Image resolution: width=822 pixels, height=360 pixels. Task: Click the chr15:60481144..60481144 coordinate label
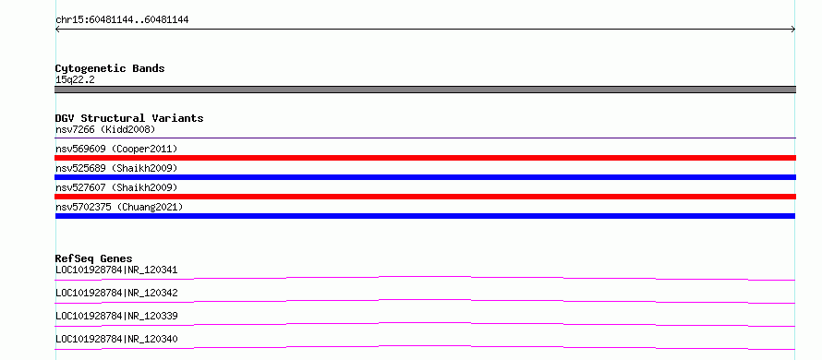click(x=122, y=20)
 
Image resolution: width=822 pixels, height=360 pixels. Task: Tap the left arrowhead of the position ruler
click(x=57, y=30)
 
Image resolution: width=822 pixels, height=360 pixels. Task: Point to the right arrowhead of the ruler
click(x=793, y=30)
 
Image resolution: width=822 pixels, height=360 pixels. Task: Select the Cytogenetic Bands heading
click(x=110, y=68)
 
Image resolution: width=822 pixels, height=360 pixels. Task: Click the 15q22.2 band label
click(x=75, y=80)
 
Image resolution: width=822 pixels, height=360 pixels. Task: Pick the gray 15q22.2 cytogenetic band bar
click(x=425, y=90)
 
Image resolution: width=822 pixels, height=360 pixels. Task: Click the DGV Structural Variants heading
click(x=129, y=118)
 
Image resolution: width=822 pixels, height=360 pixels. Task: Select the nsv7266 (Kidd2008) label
click(x=105, y=129)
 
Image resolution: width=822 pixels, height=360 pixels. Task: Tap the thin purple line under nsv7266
click(x=425, y=138)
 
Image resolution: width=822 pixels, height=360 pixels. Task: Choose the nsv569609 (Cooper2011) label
click(x=116, y=149)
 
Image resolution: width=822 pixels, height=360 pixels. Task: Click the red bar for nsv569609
click(x=425, y=158)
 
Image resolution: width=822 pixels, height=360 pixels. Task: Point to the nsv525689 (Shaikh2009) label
click(x=116, y=168)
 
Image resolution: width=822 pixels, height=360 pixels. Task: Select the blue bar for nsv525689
click(x=425, y=177)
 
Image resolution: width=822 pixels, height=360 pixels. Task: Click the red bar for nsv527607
click(x=425, y=197)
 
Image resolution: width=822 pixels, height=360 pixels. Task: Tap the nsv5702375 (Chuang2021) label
click(x=119, y=207)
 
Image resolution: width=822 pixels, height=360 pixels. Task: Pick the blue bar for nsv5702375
click(x=425, y=216)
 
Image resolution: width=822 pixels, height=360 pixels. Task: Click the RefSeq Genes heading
click(x=93, y=258)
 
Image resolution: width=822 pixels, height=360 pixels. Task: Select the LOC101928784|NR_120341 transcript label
click(x=116, y=270)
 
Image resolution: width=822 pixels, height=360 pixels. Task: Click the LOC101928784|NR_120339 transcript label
click(x=116, y=316)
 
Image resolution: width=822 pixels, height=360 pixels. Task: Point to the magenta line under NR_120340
click(x=425, y=346)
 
